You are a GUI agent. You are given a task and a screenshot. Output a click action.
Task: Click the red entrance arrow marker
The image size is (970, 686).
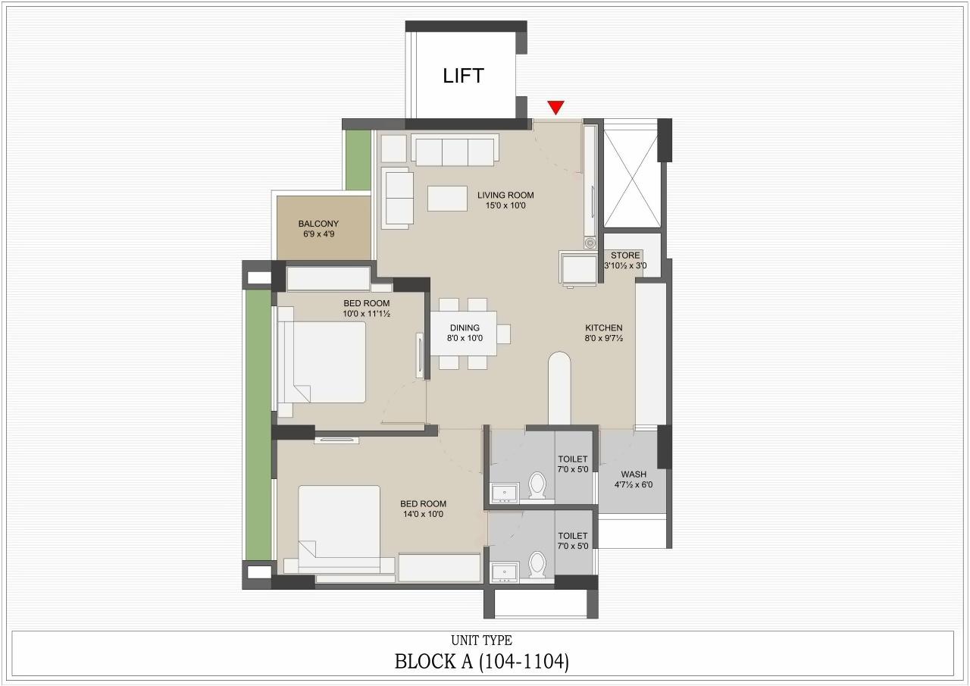556,108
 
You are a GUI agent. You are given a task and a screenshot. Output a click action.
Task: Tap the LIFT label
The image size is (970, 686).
463,76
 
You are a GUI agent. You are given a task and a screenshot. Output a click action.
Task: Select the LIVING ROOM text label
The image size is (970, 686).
505,195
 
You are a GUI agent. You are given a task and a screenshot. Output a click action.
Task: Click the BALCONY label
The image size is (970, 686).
318,224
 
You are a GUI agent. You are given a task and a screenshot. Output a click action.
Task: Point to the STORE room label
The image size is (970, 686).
625,255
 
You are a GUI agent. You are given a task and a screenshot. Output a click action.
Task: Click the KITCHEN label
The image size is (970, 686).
603,328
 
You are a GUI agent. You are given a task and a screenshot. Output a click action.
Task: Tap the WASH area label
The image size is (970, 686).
634,475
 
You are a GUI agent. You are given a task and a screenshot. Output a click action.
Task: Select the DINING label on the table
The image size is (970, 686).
464,328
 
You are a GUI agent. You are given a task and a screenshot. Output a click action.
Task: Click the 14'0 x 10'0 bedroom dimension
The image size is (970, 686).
423,514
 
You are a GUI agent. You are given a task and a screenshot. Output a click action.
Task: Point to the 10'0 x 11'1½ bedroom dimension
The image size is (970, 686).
366,313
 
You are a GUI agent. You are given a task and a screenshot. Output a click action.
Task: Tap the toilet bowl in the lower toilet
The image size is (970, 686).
538,564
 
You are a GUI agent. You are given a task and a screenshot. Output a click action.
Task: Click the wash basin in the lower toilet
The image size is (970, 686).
504,572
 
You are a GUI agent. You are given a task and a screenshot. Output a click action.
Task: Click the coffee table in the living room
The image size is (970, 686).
447,198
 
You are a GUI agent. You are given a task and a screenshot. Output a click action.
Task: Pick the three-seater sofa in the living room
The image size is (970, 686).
455,150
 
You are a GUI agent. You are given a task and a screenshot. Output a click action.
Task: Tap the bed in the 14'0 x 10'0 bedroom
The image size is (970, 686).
339,528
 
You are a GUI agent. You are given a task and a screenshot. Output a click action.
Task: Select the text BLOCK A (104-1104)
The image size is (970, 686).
482,661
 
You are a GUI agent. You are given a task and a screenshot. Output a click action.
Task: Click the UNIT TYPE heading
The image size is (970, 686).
482,641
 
